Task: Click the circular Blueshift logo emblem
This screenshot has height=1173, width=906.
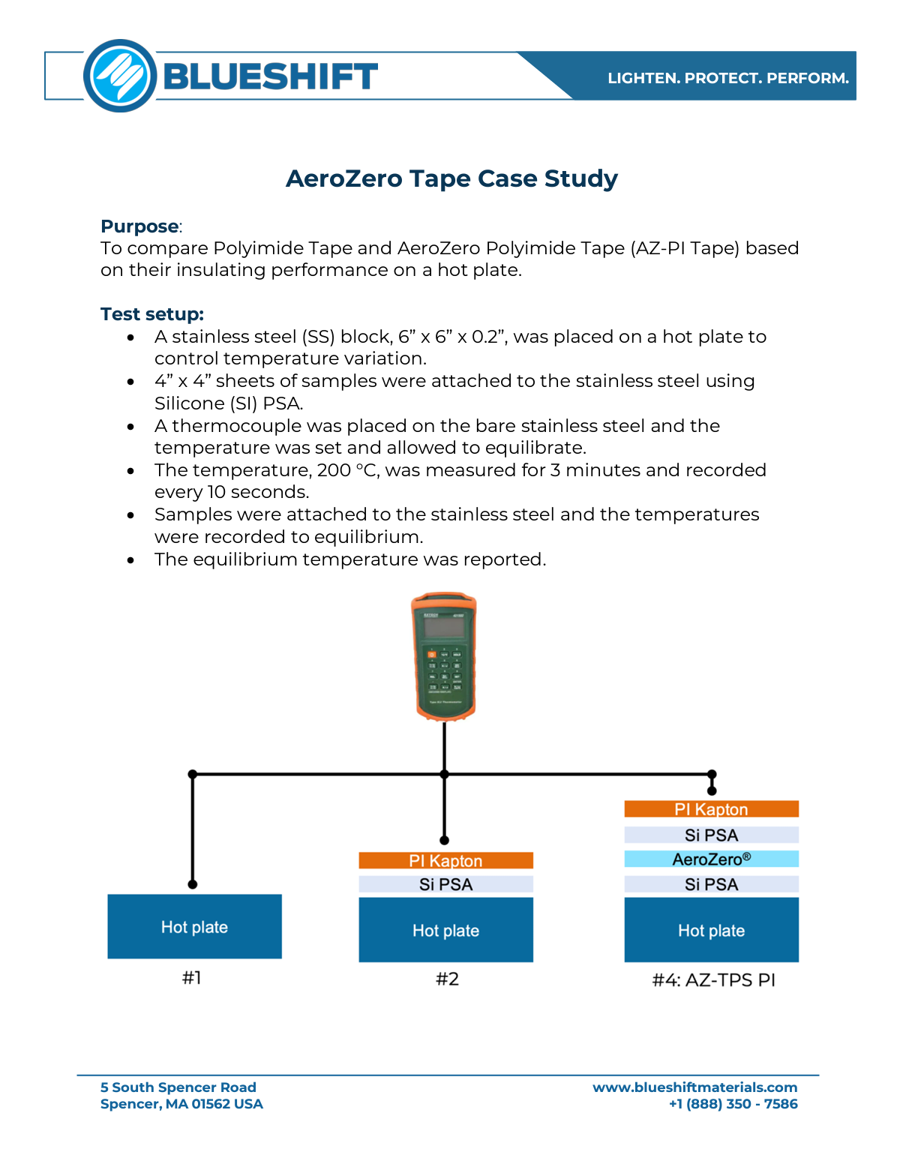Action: [x=120, y=76]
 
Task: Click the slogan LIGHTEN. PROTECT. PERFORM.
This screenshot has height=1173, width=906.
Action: [x=727, y=78]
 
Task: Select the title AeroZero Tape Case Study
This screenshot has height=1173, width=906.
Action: [x=451, y=178]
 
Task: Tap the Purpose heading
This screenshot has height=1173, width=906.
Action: [x=140, y=226]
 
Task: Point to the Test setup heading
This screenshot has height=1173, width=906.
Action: [x=152, y=314]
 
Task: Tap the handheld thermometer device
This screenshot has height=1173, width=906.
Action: [x=444, y=656]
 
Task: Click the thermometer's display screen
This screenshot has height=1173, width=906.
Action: [x=444, y=628]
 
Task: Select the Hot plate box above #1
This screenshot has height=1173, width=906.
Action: [x=194, y=926]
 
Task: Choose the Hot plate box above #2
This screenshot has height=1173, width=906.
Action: [x=445, y=930]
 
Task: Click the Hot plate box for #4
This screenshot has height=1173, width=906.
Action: [x=711, y=930]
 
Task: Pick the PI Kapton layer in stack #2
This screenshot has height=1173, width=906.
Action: [x=445, y=860]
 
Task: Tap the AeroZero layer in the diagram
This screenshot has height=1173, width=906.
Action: [x=711, y=859]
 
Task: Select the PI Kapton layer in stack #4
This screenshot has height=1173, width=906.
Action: [x=711, y=809]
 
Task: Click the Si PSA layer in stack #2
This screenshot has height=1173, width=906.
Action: [x=445, y=884]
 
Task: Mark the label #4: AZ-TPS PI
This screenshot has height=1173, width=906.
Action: [x=713, y=979]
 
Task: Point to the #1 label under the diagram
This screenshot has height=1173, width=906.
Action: [x=192, y=977]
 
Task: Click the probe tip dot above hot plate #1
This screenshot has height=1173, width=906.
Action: [x=193, y=884]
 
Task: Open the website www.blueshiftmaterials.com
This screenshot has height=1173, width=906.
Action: [x=694, y=1087]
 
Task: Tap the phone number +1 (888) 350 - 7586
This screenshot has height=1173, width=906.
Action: [x=733, y=1104]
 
